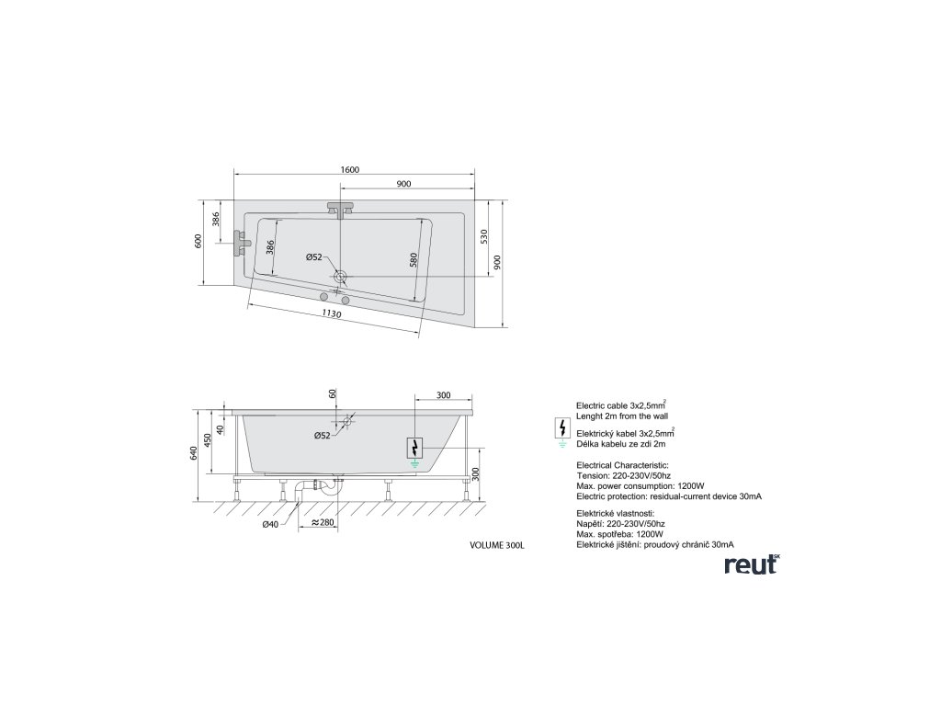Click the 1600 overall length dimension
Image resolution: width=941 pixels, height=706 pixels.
(x=349, y=170)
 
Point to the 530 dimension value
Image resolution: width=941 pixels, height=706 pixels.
(x=485, y=240)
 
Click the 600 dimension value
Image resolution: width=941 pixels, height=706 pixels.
(x=198, y=241)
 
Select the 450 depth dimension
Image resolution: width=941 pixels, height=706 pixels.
(x=210, y=439)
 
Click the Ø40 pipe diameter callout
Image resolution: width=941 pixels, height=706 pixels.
(x=270, y=525)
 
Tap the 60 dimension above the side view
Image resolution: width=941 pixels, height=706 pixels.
(x=333, y=393)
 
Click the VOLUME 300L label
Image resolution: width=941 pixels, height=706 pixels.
(x=496, y=545)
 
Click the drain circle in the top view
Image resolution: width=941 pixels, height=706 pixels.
(x=340, y=276)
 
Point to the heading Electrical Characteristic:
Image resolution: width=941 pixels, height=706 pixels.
(x=622, y=466)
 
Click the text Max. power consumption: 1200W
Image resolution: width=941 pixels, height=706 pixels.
(x=640, y=485)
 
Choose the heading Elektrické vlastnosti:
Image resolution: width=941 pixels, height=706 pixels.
(x=616, y=513)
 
